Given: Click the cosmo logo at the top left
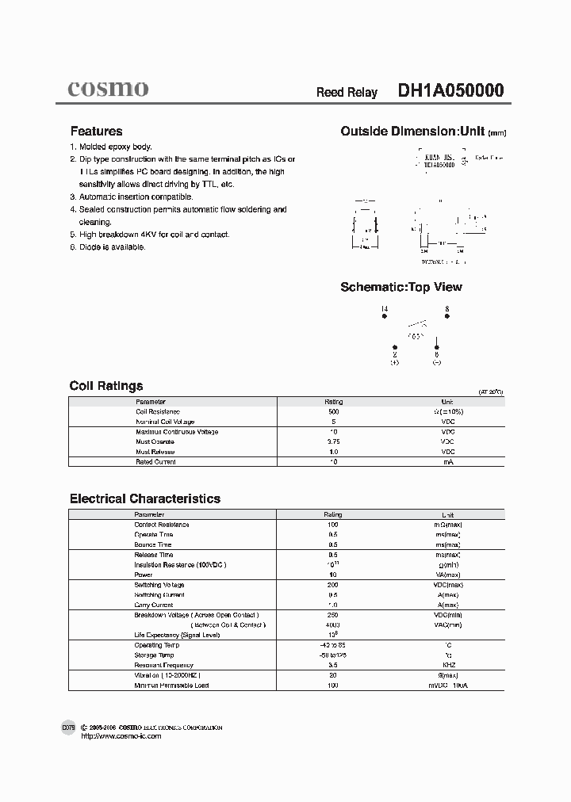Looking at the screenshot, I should tap(107, 89).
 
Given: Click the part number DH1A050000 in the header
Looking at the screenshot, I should tap(450, 91).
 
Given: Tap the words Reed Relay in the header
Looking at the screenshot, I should tap(347, 93).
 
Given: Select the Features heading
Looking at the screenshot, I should tap(96, 132).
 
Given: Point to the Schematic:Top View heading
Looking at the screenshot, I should tap(400, 287).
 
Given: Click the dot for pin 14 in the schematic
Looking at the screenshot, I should tap(385, 316).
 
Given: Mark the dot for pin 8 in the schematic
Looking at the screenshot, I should tap(447, 316).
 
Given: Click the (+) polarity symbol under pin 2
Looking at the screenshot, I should tap(395, 362).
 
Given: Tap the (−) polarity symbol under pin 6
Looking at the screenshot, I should tap(436, 362).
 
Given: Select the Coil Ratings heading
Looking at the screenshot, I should tap(106, 386).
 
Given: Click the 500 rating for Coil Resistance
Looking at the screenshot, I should tap(333, 412).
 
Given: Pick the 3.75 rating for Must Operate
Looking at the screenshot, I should tap(333, 441).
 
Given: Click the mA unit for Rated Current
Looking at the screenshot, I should tap(447, 461).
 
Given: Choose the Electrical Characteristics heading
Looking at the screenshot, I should tap(145, 498).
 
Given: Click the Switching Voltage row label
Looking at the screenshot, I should tap(159, 585).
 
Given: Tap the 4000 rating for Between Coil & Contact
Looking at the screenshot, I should tap(333, 624).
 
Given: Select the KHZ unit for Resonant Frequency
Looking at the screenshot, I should tap(447, 665).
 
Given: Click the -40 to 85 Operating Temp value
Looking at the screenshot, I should tap(333, 645).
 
